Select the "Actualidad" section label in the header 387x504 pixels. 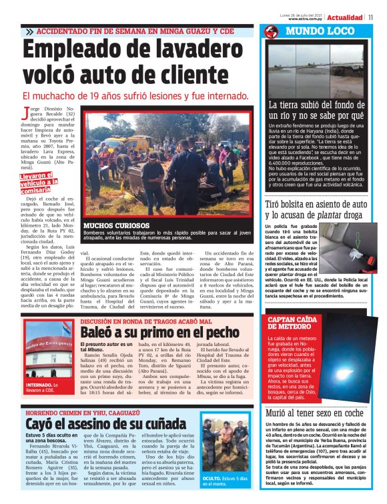(x=346, y=17)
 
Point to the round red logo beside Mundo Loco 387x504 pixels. (x=271, y=32)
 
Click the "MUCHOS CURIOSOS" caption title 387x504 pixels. (x=107, y=226)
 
